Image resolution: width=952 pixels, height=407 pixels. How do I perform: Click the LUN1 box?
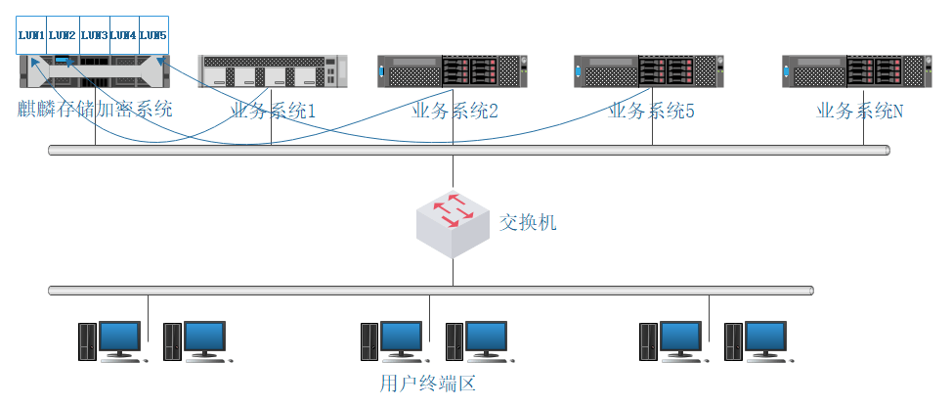[32, 35]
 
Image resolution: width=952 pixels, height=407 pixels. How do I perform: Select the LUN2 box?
[63, 35]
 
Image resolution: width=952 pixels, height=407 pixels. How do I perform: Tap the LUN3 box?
[94, 35]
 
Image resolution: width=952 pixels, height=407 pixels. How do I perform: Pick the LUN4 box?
[123, 35]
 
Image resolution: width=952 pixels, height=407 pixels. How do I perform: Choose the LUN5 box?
[153, 35]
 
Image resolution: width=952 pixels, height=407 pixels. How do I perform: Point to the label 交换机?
[528, 223]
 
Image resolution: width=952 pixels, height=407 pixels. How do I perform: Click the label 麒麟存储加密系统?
[95, 109]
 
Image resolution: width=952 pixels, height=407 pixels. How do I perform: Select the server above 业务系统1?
[272, 71]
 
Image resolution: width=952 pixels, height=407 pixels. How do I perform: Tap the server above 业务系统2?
[453, 71]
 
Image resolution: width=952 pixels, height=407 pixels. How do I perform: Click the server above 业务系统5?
[649, 71]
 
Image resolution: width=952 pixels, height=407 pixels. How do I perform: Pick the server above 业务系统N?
[856, 71]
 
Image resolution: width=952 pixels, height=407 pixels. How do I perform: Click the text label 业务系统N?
[860, 112]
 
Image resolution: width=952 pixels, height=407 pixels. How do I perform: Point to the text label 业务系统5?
[651, 112]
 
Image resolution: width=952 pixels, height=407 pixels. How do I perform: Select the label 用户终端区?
[427, 384]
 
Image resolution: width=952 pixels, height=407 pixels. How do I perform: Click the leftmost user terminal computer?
[112, 341]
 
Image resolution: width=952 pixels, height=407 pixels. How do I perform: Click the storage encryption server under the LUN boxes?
[95, 71]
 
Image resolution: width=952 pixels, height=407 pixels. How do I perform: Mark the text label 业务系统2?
[455, 112]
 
